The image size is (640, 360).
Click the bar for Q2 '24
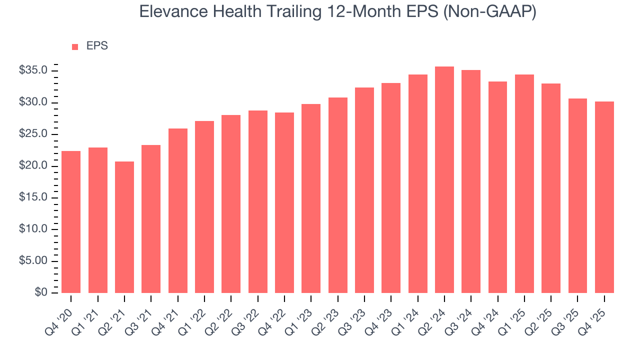444,180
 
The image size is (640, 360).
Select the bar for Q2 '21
124,227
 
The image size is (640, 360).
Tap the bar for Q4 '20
71,222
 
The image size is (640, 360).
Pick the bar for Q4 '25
604,197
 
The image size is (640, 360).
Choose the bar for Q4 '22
284,203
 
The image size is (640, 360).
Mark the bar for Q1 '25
524,184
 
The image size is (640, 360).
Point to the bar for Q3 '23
364,190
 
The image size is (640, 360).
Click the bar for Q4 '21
177,211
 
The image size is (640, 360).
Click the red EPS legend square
75,46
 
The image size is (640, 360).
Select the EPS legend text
97,46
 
